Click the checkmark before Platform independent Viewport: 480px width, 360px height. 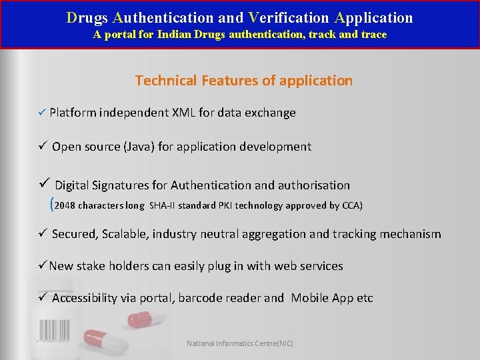click(x=41, y=113)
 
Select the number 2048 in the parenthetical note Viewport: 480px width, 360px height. click(x=65, y=205)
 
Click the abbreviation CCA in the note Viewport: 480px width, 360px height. click(x=351, y=205)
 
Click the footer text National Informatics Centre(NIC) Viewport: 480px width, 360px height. click(x=240, y=343)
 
